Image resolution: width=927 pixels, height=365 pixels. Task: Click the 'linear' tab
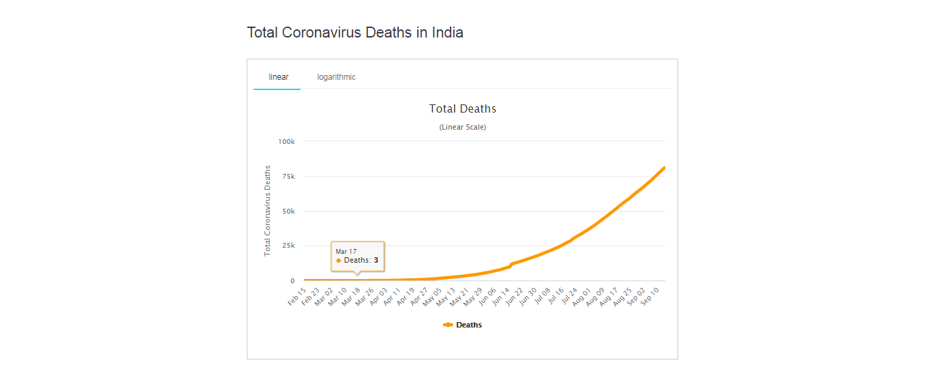point(278,77)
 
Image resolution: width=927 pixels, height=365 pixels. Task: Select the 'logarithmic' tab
point(336,77)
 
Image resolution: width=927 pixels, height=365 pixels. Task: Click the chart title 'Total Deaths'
point(463,108)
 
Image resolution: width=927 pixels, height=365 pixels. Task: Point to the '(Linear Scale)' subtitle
point(463,128)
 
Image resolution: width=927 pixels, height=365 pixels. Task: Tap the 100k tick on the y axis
point(287,141)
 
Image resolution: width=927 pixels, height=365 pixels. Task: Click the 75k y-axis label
point(288,177)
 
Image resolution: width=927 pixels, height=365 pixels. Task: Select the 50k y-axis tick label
point(288,211)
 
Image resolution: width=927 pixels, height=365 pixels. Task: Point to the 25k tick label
point(288,246)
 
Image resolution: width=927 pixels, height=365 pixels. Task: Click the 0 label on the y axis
point(292,280)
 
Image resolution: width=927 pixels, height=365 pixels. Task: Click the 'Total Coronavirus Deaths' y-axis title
point(268,210)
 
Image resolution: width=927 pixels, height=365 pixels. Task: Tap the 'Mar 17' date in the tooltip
point(346,252)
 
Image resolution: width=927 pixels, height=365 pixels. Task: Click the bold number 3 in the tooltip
point(376,261)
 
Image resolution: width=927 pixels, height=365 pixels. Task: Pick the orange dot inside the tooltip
point(339,261)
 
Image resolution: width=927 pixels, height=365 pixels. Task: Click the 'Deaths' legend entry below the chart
point(468,325)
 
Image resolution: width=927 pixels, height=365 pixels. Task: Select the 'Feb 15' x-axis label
point(297,296)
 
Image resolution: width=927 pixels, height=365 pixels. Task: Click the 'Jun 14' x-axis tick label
point(501,296)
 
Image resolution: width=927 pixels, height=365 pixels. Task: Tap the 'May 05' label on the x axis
point(434,296)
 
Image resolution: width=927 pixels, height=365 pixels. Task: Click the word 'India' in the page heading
point(447,32)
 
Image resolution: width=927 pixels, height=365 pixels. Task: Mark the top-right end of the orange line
point(664,168)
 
